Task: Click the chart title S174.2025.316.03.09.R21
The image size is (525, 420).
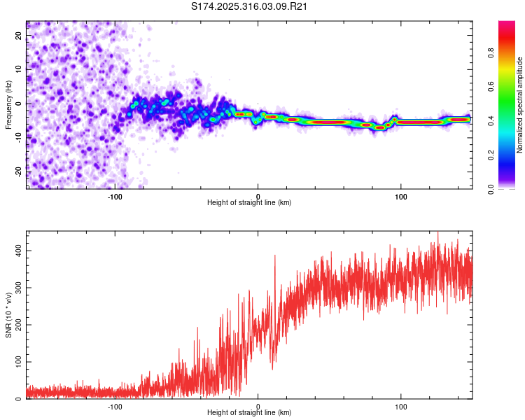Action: click(250, 7)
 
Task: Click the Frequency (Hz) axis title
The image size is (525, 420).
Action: click(8, 105)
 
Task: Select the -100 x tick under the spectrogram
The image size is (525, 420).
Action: click(115, 195)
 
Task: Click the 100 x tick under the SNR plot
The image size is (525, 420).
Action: click(401, 406)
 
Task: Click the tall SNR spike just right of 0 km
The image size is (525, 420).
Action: click(274, 257)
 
